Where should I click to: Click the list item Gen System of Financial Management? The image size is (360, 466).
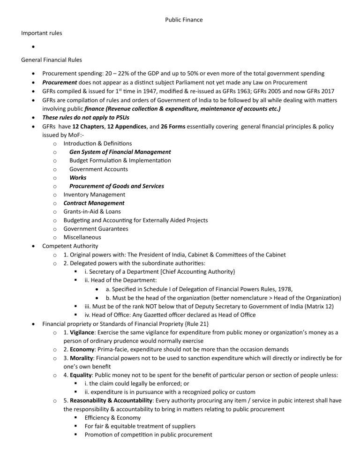click(120, 152)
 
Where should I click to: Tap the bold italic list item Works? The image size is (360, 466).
click(78, 178)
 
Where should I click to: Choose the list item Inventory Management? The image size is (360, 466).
click(94, 195)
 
